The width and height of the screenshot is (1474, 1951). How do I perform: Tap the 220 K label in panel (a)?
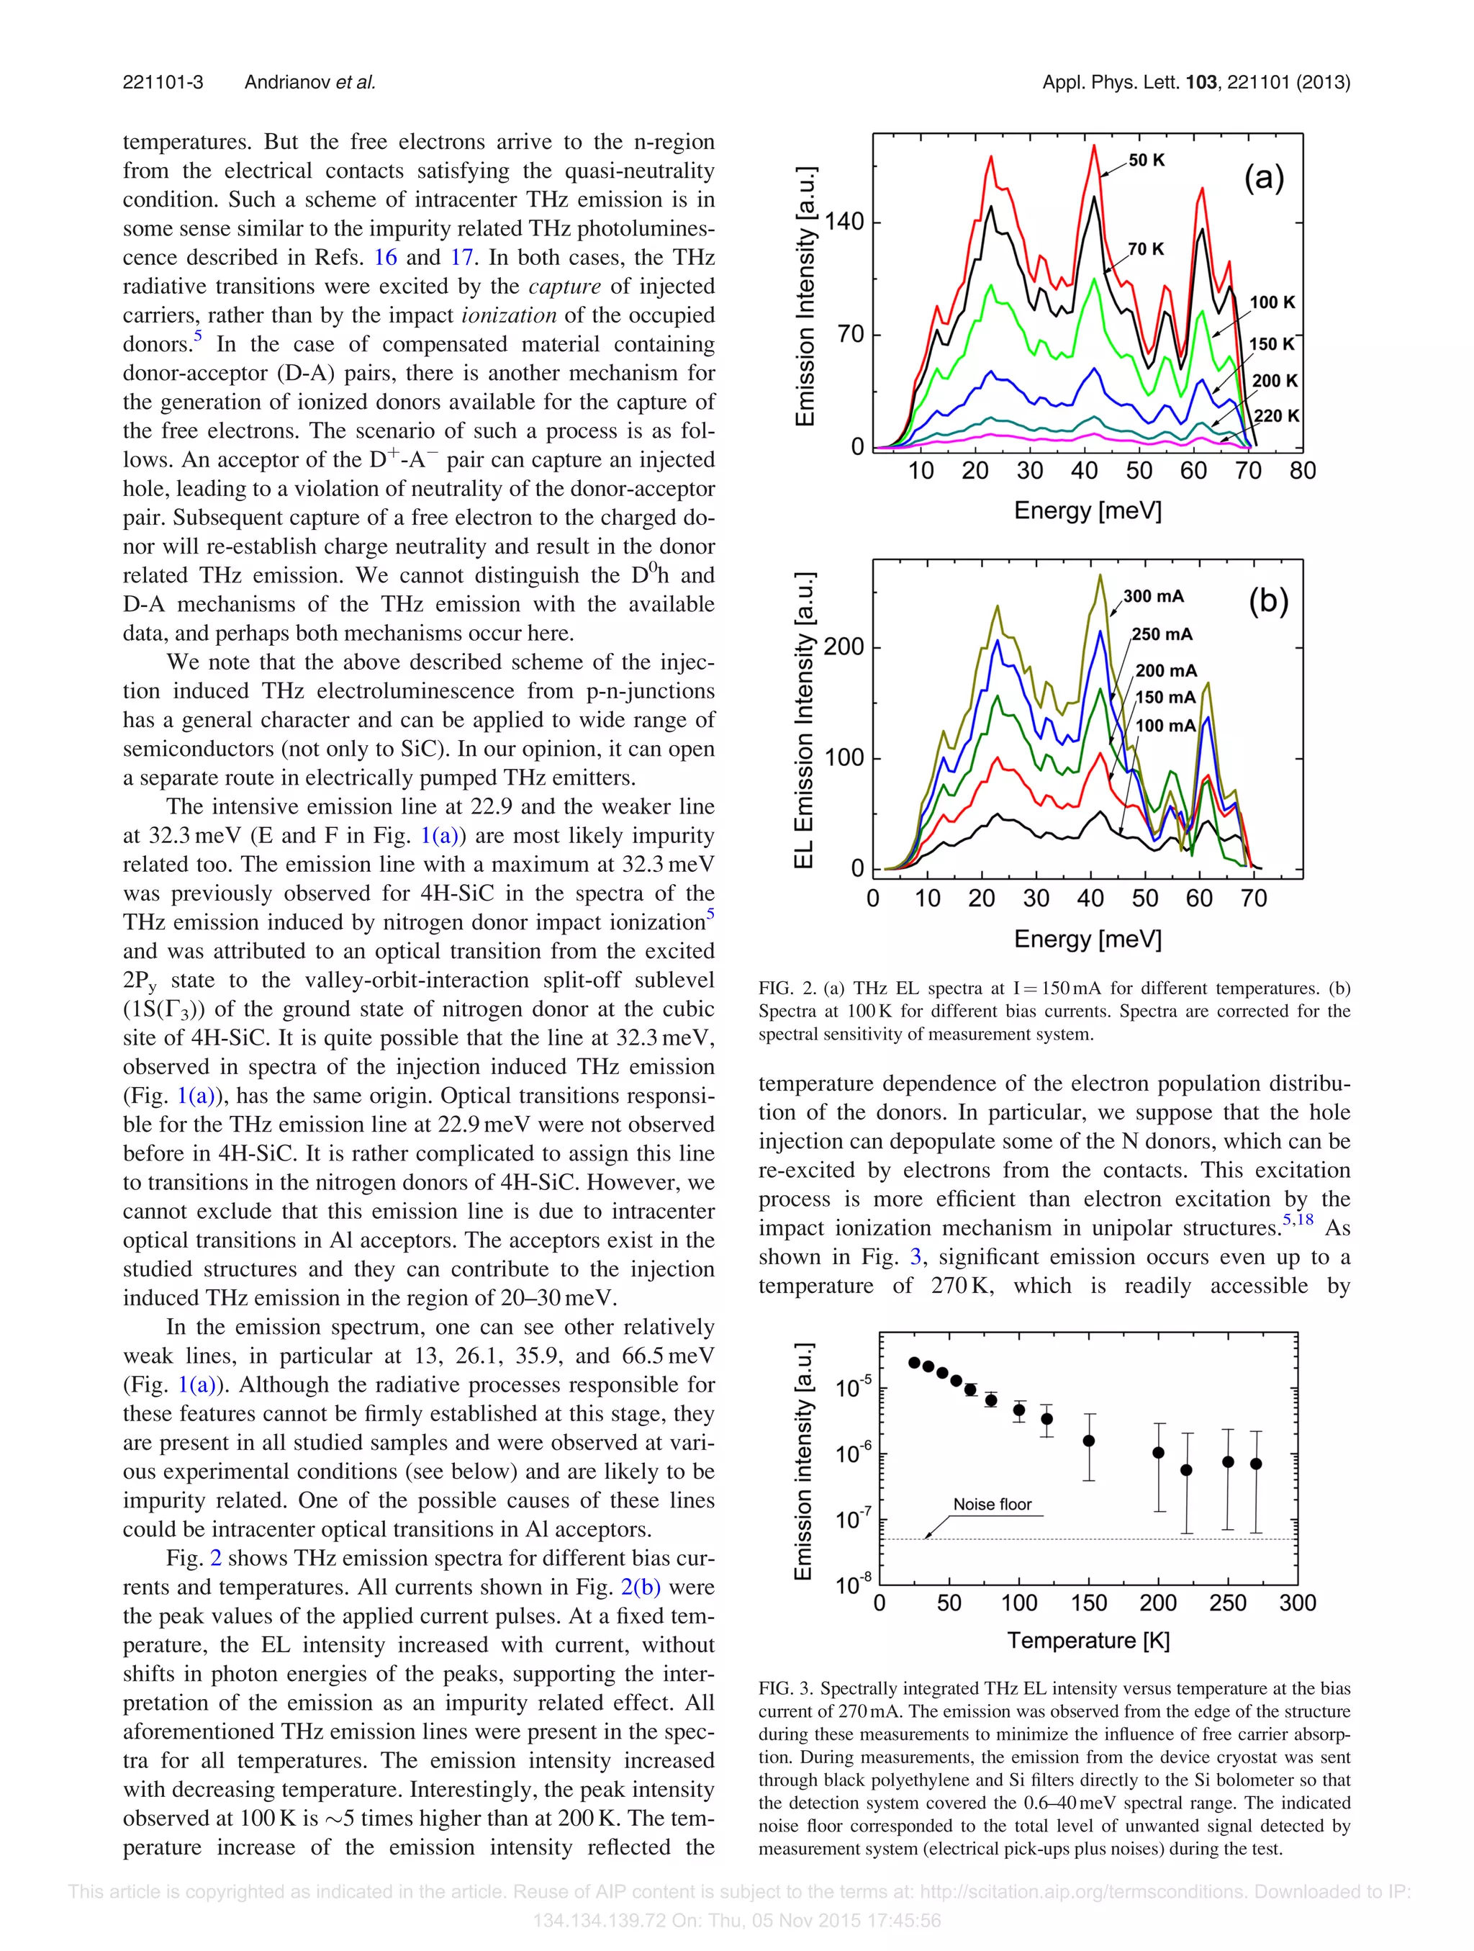tap(1275, 415)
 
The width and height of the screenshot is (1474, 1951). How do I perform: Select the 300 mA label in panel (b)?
tap(1153, 596)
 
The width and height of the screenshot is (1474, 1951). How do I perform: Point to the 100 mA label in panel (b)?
tap(1165, 725)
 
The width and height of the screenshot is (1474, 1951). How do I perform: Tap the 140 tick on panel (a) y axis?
tap(844, 222)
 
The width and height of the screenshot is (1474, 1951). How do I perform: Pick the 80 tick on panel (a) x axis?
tap(1302, 471)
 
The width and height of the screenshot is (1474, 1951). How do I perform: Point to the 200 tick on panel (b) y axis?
tap(844, 646)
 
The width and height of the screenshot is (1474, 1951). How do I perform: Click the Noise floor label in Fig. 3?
tap(992, 1505)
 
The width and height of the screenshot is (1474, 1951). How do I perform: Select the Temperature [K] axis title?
tap(1088, 1641)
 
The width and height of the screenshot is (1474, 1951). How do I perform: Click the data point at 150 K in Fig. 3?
tap(1089, 1441)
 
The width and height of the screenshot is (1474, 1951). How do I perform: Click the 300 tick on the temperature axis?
tap(1297, 1603)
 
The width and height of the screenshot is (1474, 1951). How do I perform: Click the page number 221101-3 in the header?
tap(163, 82)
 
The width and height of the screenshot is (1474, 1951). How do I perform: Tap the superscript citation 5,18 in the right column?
tap(1298, 1220)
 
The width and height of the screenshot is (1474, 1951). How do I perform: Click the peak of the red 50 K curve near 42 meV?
tap(1094, 145)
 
